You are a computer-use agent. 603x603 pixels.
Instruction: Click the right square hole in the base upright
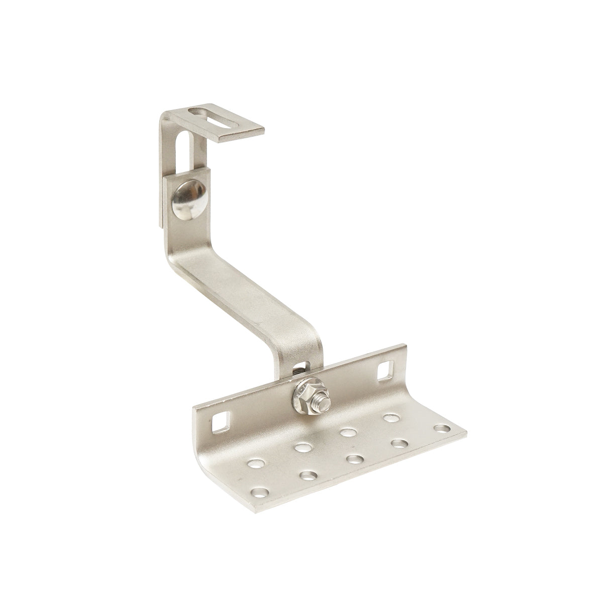point(385,368)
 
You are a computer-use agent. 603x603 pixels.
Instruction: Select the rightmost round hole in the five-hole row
point(441,428)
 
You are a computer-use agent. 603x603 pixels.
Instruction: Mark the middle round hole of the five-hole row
point(355,458)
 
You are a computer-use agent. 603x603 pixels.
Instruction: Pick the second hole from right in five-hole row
point(399,443)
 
